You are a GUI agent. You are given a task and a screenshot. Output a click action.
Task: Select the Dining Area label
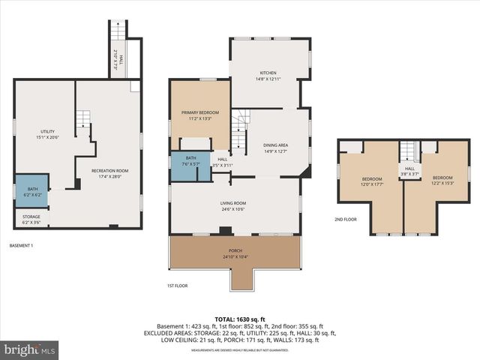(x=275, y=148)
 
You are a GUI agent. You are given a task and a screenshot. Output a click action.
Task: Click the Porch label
(x=235, y=254)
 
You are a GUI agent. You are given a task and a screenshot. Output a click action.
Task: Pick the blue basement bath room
(x=31, y=191)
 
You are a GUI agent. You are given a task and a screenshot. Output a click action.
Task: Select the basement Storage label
(x=31, y=219)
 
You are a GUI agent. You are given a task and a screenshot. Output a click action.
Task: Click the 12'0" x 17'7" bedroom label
(x=372, y=181)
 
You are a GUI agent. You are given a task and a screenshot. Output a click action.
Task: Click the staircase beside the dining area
(x=238, y=129)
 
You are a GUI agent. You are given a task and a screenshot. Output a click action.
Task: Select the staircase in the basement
(x=82, y=118)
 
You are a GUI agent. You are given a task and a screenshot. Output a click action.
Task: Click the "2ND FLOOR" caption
(x=346, y=220)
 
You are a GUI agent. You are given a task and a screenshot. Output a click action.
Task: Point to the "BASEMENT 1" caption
(x=21, y=245)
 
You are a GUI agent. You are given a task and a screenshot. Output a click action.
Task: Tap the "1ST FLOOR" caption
(x=177, y=286)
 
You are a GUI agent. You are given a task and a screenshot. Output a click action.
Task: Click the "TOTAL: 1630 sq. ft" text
(x=240, y=319)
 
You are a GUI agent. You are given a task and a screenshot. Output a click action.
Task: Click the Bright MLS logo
(x=29, y=349)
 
